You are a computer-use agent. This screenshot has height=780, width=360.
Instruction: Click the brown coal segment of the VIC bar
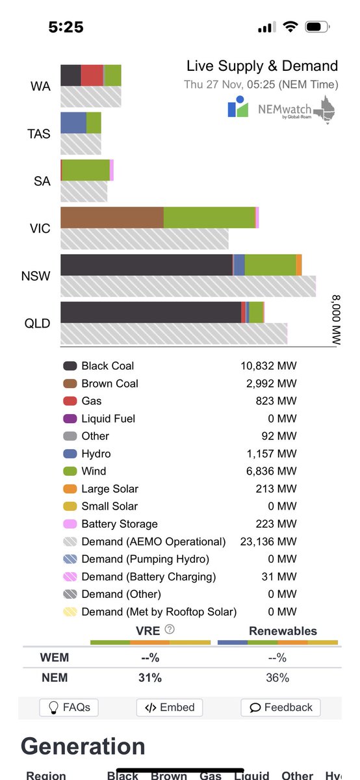[112, 218]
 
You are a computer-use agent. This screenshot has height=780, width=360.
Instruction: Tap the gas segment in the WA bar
[92, 75]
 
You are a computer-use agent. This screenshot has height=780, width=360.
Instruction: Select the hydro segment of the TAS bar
[73, 123]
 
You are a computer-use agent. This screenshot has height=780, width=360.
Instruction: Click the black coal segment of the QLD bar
[150, 312]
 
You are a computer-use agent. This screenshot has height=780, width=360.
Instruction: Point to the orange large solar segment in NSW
[299, 265]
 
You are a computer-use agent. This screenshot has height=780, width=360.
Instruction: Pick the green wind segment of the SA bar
[86, 170]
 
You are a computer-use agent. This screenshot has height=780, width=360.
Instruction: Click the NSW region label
[36, 276]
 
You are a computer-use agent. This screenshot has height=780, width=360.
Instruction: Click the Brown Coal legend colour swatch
[70, 383]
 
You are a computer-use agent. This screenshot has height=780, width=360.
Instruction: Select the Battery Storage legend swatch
[70, 524]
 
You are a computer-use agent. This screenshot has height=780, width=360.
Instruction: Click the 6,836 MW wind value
[268, 471]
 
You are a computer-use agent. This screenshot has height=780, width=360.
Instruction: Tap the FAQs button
[69, 707]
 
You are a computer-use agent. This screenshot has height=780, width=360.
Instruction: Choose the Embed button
[170, 707]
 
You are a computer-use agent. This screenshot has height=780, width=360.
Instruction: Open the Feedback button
[280, 707]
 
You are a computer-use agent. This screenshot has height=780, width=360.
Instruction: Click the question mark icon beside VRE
[170, 629]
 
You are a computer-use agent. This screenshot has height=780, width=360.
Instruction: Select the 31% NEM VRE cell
[149, 677]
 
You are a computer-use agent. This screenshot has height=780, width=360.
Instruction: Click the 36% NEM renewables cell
[277, 677]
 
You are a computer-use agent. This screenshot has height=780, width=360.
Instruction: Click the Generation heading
[83, 746]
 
